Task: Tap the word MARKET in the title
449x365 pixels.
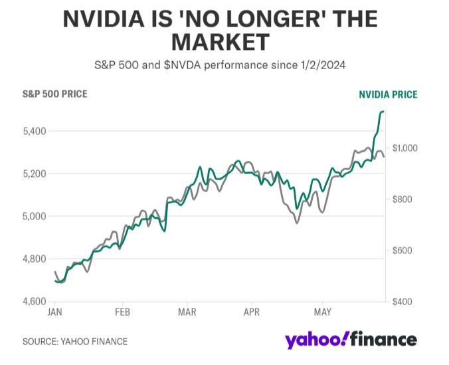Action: pos(221,43)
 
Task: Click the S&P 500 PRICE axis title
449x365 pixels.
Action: pos(54,94)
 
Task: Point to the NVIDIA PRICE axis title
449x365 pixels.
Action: pos(388,94)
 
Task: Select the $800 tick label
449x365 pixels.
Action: pos(403,199)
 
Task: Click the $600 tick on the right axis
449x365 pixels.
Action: pos(403,251)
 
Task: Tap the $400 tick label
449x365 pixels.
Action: pos(403,302)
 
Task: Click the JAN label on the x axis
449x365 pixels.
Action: pos(56,312)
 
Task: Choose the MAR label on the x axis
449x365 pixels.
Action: pos(187,312)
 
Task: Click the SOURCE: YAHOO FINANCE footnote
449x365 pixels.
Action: pos(74,341)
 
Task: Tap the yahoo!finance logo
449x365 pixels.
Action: pos(351,340)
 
